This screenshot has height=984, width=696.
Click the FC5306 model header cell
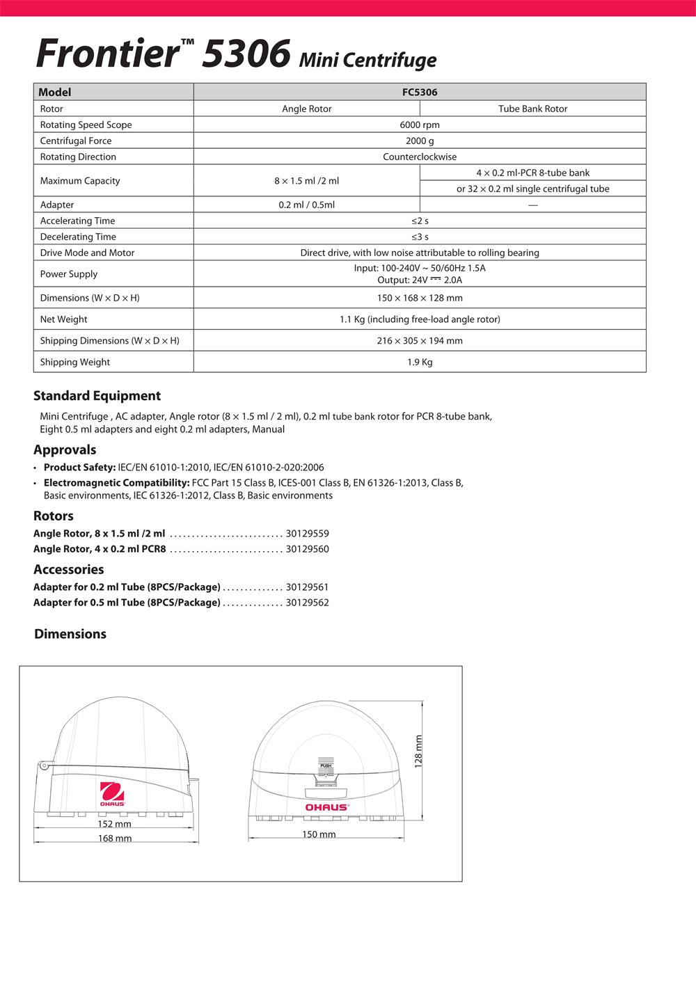click(x=420, y=92)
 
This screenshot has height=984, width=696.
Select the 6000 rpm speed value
click(x=420, y=125)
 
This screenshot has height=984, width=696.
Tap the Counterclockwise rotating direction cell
click(x=420, y=157)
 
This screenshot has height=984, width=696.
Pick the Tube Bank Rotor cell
click(x=532, y=109)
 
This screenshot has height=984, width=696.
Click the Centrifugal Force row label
click(x=76, y=141)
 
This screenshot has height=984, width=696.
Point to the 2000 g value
click(x=420, y=141)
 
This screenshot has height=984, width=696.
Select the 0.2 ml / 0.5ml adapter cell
click(x=306, y=205)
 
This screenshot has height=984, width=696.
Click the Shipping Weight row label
click(x=75, y=362)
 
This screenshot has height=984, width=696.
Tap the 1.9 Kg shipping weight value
click(x=420, y=362)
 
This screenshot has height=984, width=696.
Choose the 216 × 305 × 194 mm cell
click(x=420, y=340)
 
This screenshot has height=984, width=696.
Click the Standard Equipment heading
click(x=97, y=396)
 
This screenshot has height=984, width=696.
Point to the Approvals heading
click(x=65, y=450)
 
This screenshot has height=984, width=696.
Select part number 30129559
click(x=307, y=534)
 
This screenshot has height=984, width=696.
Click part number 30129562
click(x=307, y=603)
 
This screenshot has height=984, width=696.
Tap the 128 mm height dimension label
click(x=419, y=751)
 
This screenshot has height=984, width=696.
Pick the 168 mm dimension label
click(x=115, y=839)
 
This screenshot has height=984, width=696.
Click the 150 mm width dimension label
click(x=319, y=834)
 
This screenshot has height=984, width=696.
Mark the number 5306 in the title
click(x=245, y=54)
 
